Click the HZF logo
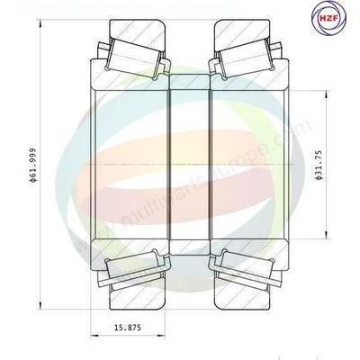tap(328, 18)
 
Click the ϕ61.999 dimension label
tap(33, 165)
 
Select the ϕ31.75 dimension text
tap(319, 165)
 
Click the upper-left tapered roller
tap(133, 57)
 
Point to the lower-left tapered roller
tap(133, 267)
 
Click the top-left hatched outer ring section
tap(138, 33)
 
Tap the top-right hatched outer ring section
tap(242, 33)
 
